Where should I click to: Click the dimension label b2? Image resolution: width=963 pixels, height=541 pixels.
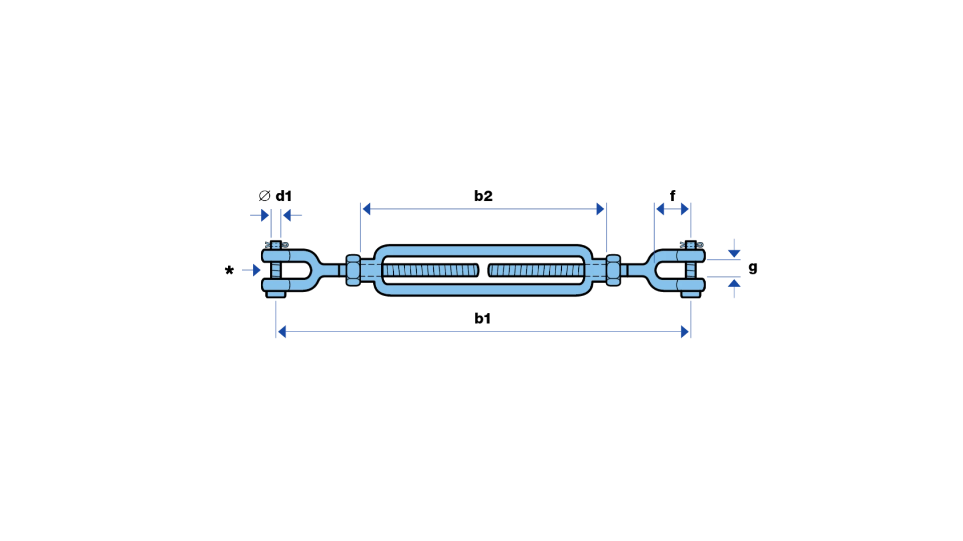483,196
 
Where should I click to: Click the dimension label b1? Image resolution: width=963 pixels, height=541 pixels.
483,318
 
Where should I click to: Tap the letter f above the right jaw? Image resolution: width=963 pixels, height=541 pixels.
673,195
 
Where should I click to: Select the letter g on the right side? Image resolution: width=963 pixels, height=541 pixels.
753,267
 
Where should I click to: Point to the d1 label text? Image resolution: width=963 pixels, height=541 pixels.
283,196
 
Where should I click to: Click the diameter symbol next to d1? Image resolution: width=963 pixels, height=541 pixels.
264,196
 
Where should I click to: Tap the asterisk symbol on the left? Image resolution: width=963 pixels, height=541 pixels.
229,270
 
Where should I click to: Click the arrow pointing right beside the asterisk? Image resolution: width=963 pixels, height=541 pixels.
251,270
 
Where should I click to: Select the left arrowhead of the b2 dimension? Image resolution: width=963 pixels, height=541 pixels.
366,209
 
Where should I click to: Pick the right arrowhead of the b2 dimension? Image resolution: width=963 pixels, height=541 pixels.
600,209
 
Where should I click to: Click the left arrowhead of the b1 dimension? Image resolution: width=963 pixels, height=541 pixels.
282,332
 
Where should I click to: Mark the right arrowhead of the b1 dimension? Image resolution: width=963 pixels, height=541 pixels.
685,332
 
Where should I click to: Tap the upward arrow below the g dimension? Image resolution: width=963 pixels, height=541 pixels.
734,289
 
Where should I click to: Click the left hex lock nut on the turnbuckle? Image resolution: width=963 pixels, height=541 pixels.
353,270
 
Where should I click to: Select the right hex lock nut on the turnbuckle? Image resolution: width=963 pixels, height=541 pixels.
613,270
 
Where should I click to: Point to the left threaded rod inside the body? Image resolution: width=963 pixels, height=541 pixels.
431,270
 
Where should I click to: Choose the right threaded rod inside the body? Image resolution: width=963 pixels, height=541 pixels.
536,270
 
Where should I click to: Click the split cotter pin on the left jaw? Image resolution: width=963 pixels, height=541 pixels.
277,245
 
